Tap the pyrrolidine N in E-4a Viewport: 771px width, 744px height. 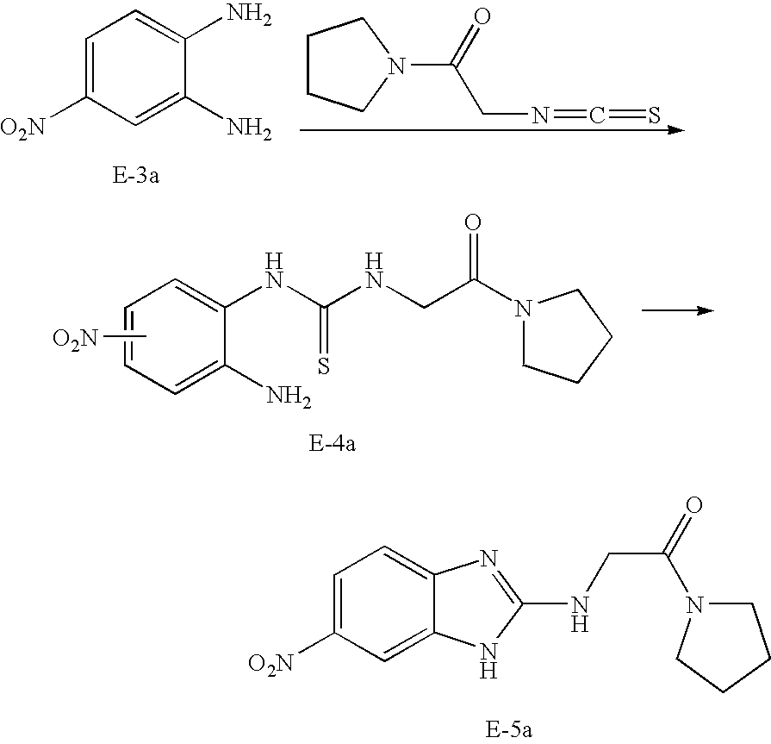point(522,308)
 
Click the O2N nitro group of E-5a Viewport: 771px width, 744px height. point(272,662)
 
